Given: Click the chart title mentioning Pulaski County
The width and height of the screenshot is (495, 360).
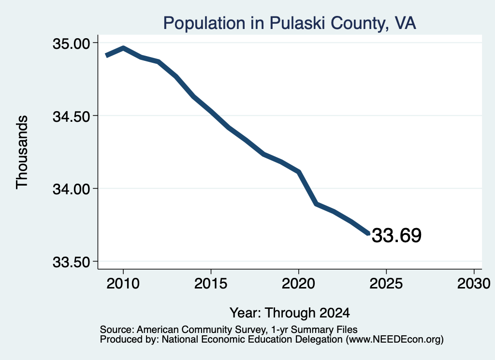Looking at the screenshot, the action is (x=290, y=23).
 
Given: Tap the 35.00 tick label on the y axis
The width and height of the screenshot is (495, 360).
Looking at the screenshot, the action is (x=72, y=43).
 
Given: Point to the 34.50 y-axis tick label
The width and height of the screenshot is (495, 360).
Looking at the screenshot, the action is (x=72, y=116).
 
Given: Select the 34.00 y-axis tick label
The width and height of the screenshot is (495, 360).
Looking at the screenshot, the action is (x=72, y=189).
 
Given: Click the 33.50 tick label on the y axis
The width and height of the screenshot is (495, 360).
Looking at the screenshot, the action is (x=72, y=262).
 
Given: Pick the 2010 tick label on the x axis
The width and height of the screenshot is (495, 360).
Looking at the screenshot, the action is (x=123, y=283).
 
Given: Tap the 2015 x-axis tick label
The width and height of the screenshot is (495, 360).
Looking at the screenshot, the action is (x=211, y=283).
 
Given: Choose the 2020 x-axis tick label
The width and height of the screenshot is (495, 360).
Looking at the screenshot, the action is (x=298, y=283).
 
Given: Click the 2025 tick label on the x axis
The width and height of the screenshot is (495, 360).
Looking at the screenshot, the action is (x=386, y=283).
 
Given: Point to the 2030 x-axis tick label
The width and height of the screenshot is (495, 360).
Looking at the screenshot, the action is (x=474, y=283).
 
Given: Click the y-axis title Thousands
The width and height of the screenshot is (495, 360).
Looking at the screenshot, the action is (x=22, y=152).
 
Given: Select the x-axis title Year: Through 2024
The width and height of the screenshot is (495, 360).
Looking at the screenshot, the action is (x=290, y=313).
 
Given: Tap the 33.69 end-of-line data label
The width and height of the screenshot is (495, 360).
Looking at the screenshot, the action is (x=396, y=235).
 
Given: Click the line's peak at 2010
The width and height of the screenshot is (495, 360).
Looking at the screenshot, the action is (x=123, y=48).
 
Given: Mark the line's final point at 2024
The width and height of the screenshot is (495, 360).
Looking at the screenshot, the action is (x=368, y=233).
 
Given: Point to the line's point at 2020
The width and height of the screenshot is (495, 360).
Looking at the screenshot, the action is (x=299, y=172).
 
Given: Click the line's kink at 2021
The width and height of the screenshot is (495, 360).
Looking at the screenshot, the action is (x=316, y=204).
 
